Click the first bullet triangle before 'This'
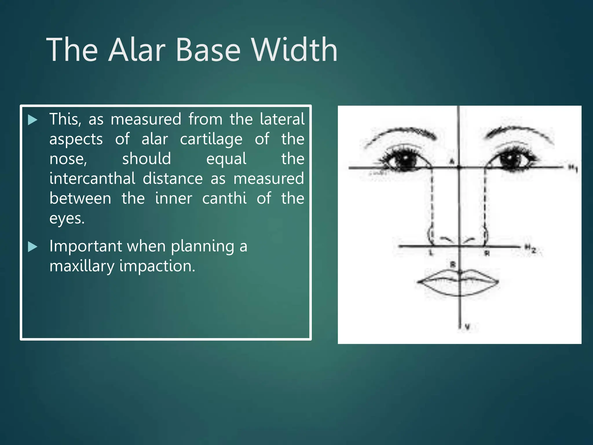[x=33, y=120]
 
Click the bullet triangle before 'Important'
[x=33, y=247]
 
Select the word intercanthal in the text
[x=92, y=178]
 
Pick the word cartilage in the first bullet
[x=211, y=140]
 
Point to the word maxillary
[x=82, y=266]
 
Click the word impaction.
[x=157, y=266]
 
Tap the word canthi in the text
[x=224, y=198]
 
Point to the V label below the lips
[x=467, y=327]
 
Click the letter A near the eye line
[x=452, y=161]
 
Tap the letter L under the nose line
[x=431, y=253]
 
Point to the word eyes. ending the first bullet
[x=67, y=218]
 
